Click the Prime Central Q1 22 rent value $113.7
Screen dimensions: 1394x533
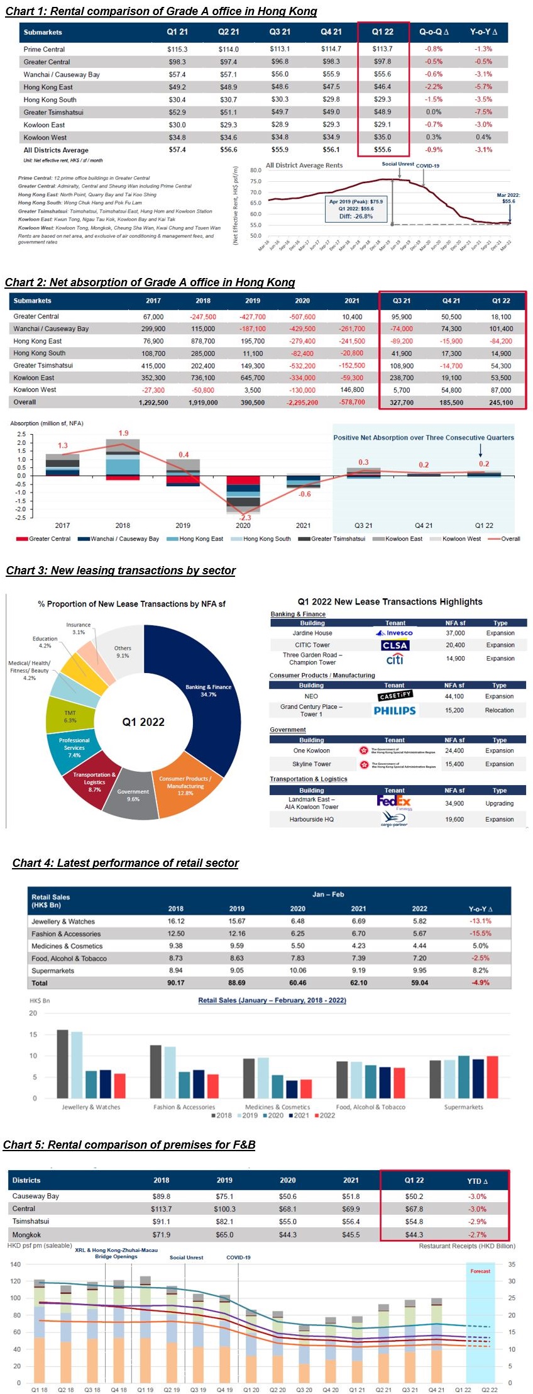pyautogui.click(x=382, y=49)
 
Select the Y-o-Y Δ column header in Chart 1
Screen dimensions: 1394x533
pyautogui.click(x=483, y=32)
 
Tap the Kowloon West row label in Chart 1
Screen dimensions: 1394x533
pyautogui.click(x=45, y=137)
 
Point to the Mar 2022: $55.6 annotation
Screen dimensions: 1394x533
pyautogui.click(x=508, y=198)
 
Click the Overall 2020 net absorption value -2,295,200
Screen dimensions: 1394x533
pyautogui.click(x=302, y=403)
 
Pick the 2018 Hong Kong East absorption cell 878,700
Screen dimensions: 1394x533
pyautogui.click(x=203, y=341)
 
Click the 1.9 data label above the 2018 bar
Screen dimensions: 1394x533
pyautogui.click(x=123, y=433)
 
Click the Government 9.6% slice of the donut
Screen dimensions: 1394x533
pyautogui.click(x=133, y=795)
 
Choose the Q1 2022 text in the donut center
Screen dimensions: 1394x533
pyautogui.click(x=143, y=722)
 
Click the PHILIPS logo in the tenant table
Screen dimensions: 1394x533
pyautogui.click(x=395, y=710)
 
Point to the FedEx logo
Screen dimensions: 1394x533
pyautogui.click(x=393, y=801)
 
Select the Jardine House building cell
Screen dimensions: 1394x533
pyautogui.click(x=312, y=633)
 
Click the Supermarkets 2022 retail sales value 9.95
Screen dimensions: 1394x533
pyautogui.click(x=419, y=970)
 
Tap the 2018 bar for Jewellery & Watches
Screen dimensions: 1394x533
pyautogui.click(x=63, y=1064)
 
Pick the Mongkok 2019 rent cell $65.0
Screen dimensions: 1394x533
pyautogui.click(x=224, y=1235)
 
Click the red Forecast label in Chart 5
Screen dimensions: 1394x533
pyautogui.click(x=480, y=1271)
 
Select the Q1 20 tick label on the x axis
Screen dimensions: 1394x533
pyautogui.click(x=251, y=1390)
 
